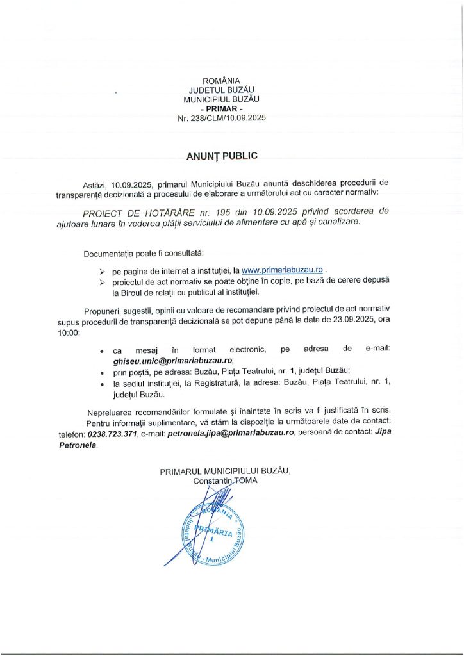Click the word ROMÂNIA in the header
[221, 81]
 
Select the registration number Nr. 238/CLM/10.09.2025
[221, 119]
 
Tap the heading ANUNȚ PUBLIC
[221, 156]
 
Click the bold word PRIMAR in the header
[221, 109]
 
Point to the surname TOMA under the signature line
[244, 480]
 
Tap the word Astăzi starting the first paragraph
[96, 183]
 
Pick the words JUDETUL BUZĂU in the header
[221, 90]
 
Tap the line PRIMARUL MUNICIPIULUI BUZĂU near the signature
[225, 471]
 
